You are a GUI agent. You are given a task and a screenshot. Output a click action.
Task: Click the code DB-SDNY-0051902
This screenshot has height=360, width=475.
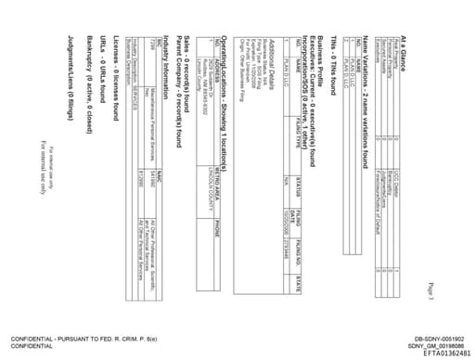[439, 338]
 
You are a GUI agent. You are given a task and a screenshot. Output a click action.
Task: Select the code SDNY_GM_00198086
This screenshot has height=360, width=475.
[438, 345]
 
